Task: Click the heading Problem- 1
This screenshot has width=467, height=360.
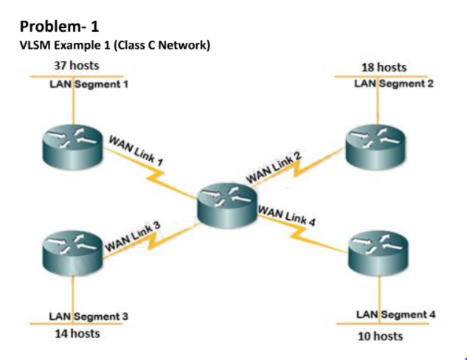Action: click(x=58, y=27)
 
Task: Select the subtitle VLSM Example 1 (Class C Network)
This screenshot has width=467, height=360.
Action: click(x=114, y=46)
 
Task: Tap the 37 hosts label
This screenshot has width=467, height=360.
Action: click(x=77, y=66)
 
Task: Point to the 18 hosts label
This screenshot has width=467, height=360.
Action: click(x=384, y=67)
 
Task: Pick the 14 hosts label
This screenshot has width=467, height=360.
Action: click(x=77, y=333)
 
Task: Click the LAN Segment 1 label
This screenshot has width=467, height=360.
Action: click(x=88, y=83)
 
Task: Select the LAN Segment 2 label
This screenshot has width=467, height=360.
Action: click(x=393, y=83)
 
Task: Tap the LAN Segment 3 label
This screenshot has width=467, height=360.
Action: click(x=88, y=316)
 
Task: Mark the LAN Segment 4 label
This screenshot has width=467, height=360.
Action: click(x=395, y=315)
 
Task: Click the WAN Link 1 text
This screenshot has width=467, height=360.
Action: click(x=136, y=150)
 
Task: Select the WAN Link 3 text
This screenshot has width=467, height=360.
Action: click(x=133, y=235)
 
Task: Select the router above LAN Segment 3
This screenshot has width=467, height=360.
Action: click(x=73, y=252)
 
